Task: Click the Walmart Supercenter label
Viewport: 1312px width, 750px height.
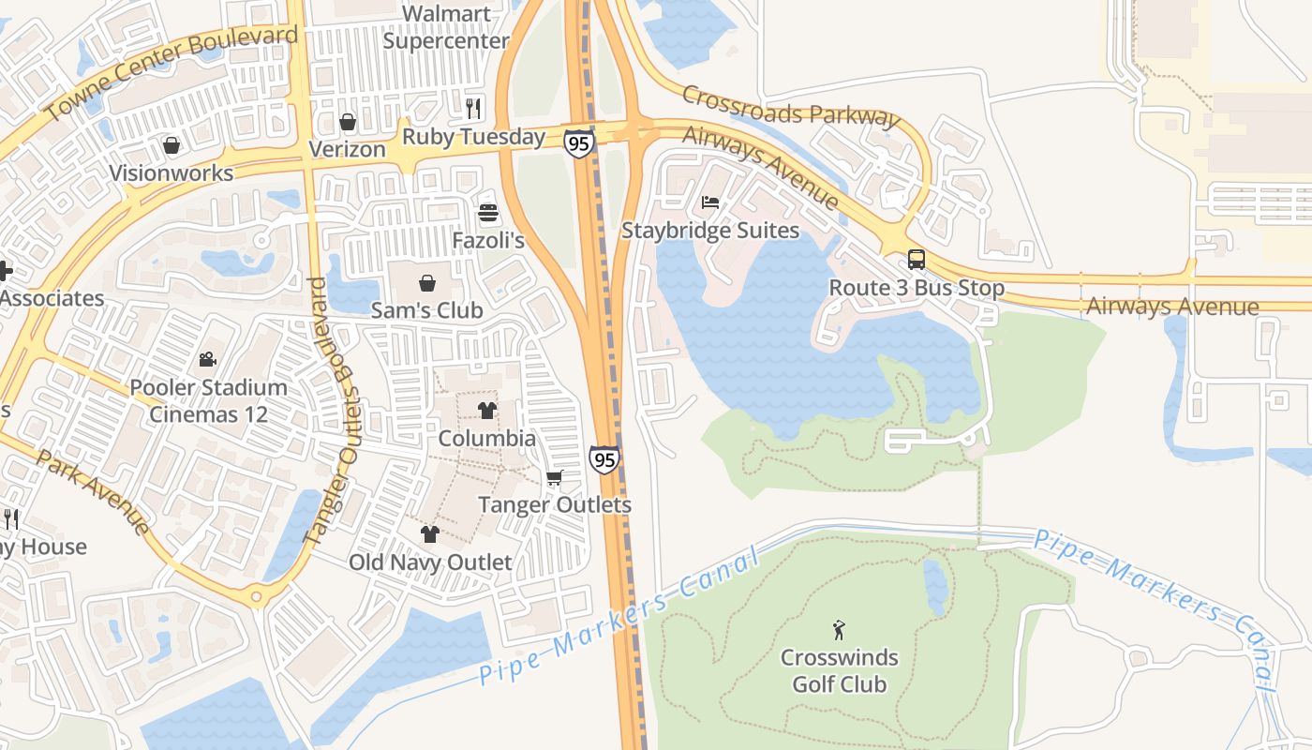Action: point(446,28)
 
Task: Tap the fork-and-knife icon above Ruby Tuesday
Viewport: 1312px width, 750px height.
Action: point(473,109)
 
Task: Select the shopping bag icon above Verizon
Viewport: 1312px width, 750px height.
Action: point(348,122)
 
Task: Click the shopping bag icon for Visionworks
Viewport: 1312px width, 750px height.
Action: point(171,145)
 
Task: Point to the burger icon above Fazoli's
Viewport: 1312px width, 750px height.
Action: point(488,213)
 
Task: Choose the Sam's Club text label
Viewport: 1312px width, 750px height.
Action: point(427,310)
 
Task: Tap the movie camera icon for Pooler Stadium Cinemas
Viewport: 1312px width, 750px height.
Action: point(208,359)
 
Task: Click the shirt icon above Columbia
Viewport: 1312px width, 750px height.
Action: point(487,410)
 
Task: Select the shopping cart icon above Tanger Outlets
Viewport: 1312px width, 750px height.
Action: point(555,478)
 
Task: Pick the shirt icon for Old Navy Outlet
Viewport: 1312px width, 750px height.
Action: point(430,534)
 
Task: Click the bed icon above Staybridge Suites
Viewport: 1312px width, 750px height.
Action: point(710,202)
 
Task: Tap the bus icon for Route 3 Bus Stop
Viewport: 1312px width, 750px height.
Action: point(917,260)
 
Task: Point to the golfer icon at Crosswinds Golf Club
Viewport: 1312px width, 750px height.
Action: point(839,630)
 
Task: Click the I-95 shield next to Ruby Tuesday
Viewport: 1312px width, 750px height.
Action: point(579,142)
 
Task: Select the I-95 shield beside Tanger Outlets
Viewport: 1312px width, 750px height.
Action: point(604,458)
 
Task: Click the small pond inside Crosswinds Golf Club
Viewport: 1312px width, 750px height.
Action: point(935,587)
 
